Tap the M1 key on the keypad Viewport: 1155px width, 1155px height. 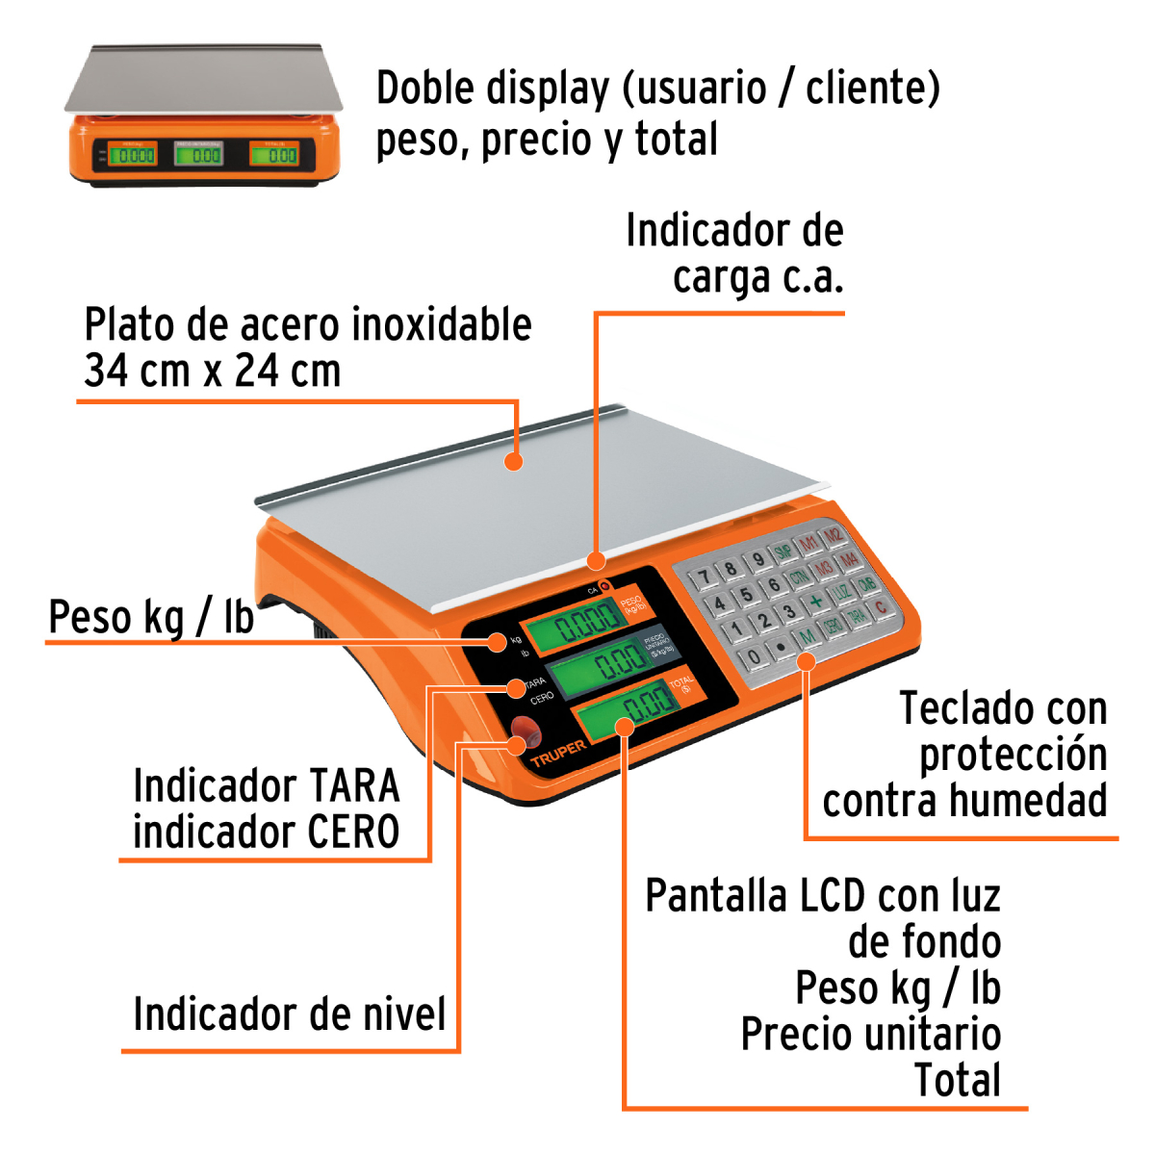coord(809,544)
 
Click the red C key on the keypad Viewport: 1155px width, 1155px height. coord(880,607)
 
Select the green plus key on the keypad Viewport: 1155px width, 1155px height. coord(816,602)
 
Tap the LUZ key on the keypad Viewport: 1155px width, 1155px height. coord(842,592)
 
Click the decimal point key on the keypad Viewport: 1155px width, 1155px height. coord(781,646)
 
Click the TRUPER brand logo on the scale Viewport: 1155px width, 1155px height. coord(558,754)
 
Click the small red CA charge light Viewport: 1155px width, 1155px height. coord(604,586)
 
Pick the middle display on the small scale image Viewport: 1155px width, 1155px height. coord(199,153)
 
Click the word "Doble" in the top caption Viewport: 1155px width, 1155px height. coord(424,89)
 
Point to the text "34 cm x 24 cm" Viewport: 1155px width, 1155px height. coord(213,371)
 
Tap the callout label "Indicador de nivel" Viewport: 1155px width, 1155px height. coord(290,1014)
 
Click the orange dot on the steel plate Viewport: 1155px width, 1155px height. coord(515,461)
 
